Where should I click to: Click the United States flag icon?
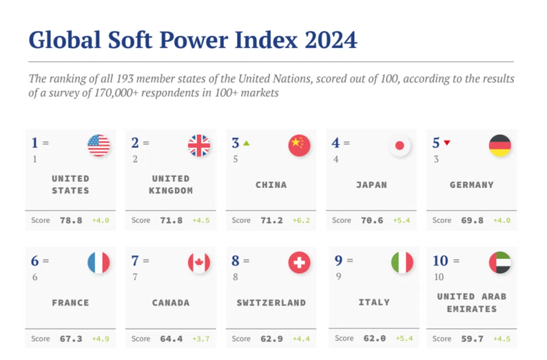98,145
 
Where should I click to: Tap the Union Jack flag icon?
199,145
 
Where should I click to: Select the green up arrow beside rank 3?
247,143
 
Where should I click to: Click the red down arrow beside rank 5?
447,143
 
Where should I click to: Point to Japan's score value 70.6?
372,221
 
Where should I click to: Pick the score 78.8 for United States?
71,221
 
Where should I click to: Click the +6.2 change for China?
301,221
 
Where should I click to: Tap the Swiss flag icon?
299,263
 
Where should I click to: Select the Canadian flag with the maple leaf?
199,263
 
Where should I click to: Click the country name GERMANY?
471,185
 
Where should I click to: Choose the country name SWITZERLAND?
271,303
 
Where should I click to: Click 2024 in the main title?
331,40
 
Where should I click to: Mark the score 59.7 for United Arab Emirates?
472,339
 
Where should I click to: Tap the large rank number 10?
440,261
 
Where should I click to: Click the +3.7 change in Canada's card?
201,339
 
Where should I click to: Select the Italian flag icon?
402,263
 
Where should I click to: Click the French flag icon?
98,263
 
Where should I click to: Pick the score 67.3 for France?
71,339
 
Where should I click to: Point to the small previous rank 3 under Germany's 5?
436,159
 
